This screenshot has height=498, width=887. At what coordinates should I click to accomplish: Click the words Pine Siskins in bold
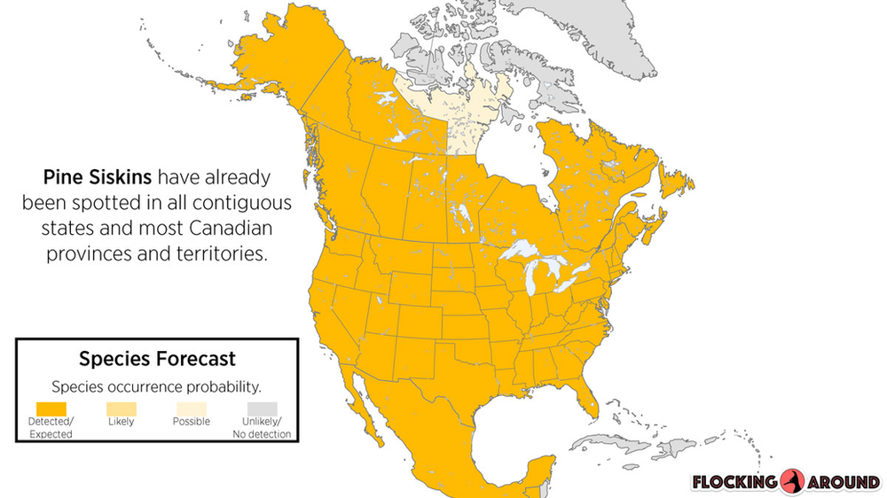tap(97, 177)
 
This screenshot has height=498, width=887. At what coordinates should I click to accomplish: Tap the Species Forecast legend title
tap(157, 359)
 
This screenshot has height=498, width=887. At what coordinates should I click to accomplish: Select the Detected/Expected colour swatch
tap(51, 408)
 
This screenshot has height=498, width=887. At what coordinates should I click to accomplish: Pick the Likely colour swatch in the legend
tap(122, 408)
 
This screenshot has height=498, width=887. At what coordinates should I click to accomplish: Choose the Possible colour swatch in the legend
tap(192, 408)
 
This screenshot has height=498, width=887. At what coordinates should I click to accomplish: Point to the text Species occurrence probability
tap(157, 386)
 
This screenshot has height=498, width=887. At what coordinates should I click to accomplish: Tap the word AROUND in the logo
tap(844, 483)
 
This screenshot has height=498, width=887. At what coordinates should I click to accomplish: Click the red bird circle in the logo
tap(791, 483)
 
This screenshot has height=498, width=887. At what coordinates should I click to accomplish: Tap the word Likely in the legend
tap(122, 422)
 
